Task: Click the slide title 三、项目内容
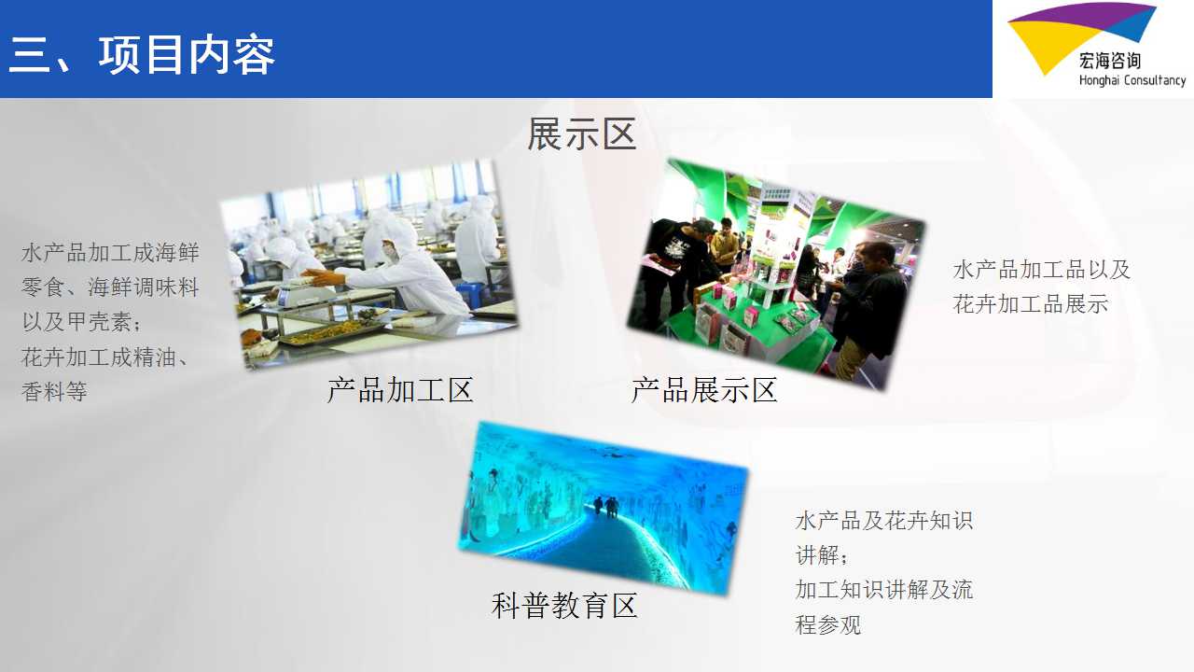pyautogui.click(x=141, y=55)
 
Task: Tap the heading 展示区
pyautogui.click(x=581, y=133)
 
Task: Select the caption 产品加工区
pyautogui.click(x=400, y=390)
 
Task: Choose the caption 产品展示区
pyautogui.click(x=703, y=390)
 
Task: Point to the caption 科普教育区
pyautogui.click(x=564, y=606)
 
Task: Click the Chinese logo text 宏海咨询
pyautogui.click(x=1110, y=61)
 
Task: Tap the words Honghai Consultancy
pyautogui.click(x=1132, y=80)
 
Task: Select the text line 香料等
pyautogui.click(x=54, y=392)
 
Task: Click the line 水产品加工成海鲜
pyautogui.click(x=110, y=253)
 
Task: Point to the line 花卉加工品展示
pyautogui.click(x=1031, y=304)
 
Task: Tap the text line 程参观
pyautogui.click(x=827, y=625)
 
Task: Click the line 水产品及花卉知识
pyautogui.click(x=883, y=521)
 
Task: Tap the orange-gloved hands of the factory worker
pyautogui.click(x=323, y=277)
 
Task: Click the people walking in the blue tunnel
pyautogui.click(x=605, y=507)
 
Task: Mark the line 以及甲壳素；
pyautogui.click(x=82, y=322)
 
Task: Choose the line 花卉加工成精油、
pyautogui.click(x=104, y=357)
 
